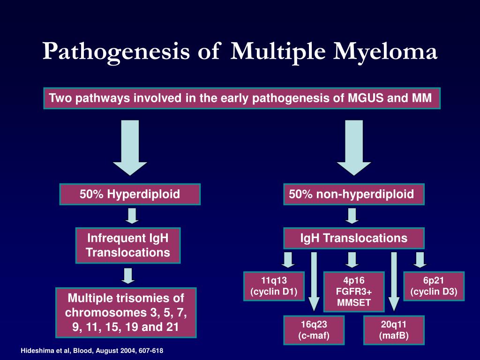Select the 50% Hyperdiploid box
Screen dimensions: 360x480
point(130,194)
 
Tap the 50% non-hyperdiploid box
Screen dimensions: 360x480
point(353,194)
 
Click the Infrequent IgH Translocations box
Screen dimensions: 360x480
point(127,245)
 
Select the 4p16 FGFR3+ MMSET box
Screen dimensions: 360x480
point(354,292)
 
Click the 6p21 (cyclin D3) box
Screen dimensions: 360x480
point(434,286)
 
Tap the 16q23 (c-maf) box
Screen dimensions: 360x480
point(314,330)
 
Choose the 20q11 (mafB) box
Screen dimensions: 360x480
point(394,330)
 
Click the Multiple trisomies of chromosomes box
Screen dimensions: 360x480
point(126,312)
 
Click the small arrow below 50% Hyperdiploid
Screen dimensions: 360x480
point(132,216)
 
